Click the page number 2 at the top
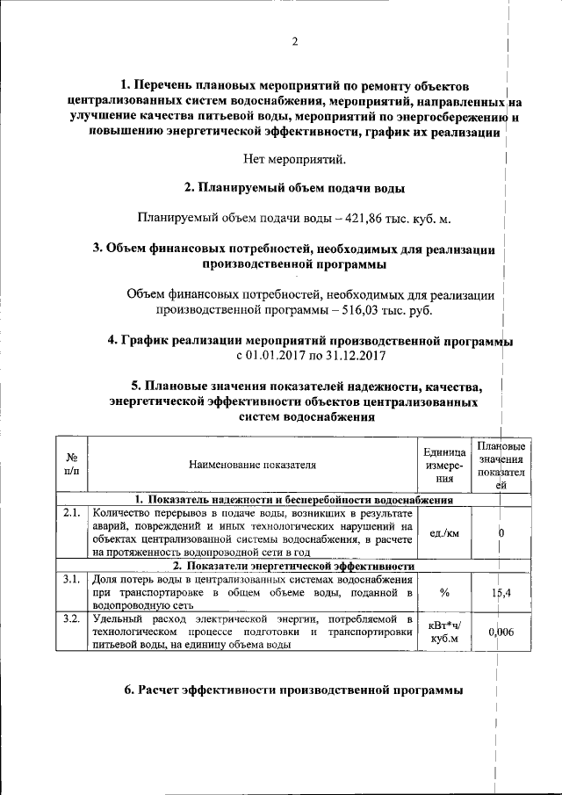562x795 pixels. (x=294, y=41)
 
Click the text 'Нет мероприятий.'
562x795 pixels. (x=294, y=159)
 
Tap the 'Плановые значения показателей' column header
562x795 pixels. (x=501, y=465)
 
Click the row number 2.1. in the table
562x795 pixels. (x=72, y=512)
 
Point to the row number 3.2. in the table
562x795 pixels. (x=72, y=619)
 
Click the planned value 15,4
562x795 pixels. (x=501, y=593)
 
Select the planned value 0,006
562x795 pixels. (x=501, y=632)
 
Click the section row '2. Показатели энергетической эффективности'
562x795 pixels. (x=293, y=566)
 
